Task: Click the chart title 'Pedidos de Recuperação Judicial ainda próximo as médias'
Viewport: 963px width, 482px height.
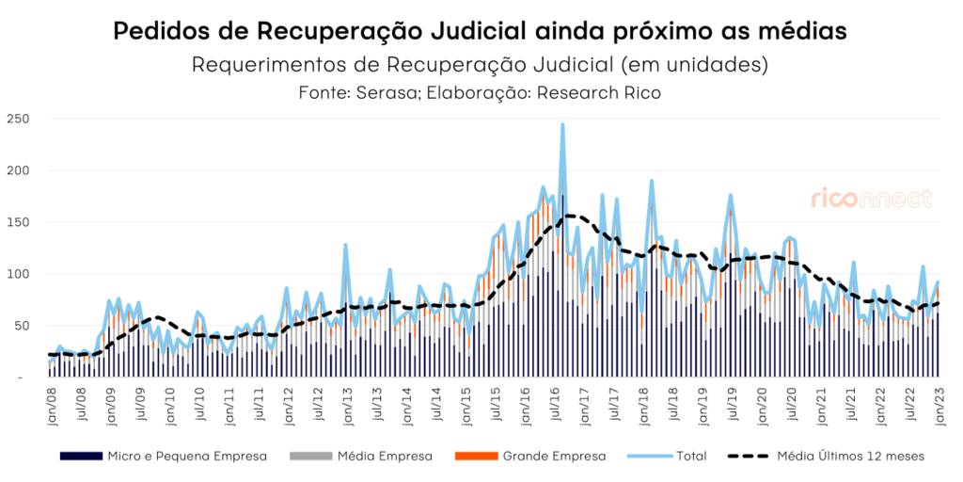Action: [481, 30]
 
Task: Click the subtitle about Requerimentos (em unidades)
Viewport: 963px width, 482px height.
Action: [481, 66]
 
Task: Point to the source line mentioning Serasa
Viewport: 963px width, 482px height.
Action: [481, 93]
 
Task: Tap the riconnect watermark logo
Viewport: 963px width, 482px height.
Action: [872, 198]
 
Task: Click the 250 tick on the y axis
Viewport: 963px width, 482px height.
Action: [18, 120]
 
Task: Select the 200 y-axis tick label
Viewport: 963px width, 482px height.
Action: [18, 171]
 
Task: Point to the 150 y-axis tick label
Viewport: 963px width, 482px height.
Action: [18, 223]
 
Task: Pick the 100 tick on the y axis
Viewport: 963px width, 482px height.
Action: [18, 274]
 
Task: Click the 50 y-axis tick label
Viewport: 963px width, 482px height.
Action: [22, 326]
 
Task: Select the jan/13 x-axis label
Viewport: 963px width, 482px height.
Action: [346, 402]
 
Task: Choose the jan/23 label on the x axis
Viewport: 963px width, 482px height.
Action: [938, 402]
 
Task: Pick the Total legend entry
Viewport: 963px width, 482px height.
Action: [691, 456]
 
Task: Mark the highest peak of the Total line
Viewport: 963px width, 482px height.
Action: [562, 125]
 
